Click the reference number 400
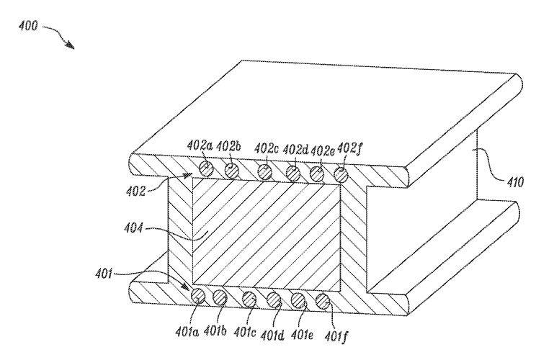point(28,26)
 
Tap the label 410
point(514,181)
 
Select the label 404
point(134,227)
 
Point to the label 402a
point(200,145)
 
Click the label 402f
point(349,149)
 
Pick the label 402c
point(267,148)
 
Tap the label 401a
point(187,331)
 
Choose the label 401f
point(336,336)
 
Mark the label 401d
point(272,336)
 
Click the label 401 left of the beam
point(104,274)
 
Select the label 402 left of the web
point(135,191)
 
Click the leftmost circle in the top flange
point(207,169)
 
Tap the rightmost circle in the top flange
point(341,175)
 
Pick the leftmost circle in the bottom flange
point(198,296)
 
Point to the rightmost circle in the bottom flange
point(322,301)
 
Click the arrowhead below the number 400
point(70,45)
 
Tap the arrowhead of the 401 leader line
point(185,286)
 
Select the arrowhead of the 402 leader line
point(187,176)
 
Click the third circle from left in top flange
point(265,172)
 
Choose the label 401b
point(215,330)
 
